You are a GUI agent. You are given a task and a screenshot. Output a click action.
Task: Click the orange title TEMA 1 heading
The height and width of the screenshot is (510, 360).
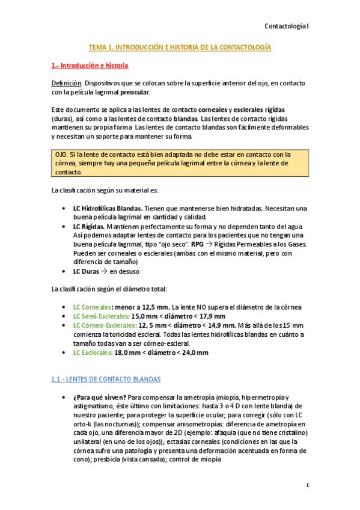[180, 46]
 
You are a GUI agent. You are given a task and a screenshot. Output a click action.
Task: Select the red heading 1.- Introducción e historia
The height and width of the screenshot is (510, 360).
[90, 64]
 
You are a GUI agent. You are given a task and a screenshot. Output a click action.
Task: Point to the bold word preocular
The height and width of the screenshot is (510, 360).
[135, 92]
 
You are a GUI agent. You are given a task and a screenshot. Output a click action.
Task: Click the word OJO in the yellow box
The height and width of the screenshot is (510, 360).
[61, 154]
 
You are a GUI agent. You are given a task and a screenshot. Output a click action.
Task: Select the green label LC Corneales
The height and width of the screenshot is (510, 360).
[92, 307]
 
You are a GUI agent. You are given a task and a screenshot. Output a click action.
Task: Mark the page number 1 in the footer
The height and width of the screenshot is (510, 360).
[307, 485]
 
